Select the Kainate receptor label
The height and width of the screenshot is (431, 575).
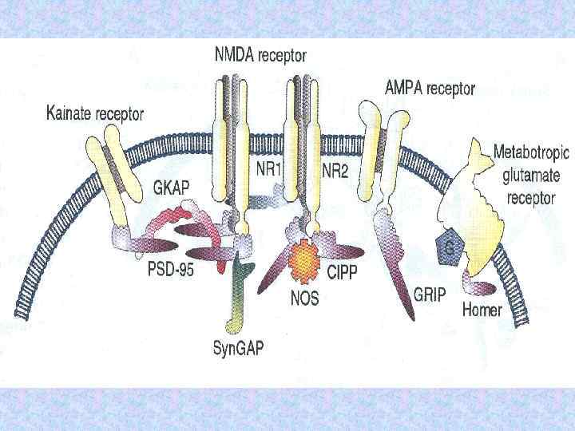click(x=95, y=114)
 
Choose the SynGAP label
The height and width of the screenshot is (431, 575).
click(x=237, y=348)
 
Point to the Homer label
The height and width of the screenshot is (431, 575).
click(x=482, y=309)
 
